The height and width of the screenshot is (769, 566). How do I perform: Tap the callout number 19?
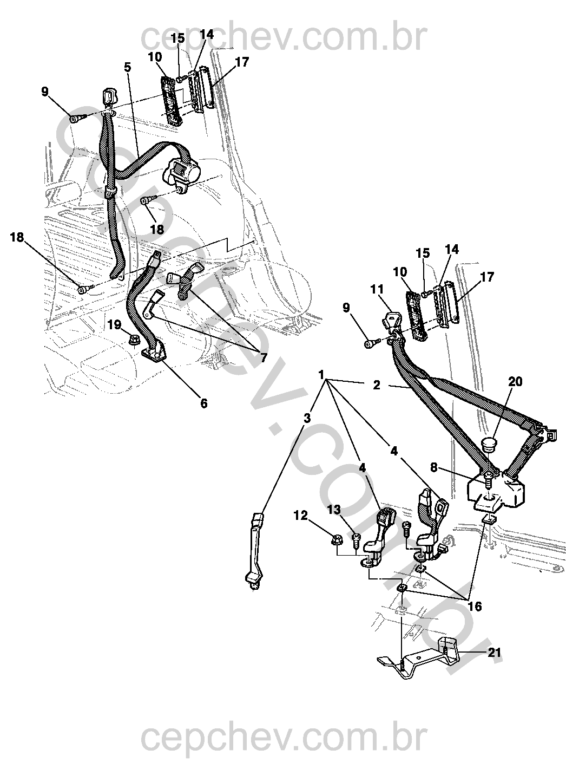pyautogui.click(x=114, y=325)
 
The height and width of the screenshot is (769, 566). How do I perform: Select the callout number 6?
pyautogui.click(x=203, y=403)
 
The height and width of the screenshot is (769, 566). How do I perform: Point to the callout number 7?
pyautogui.click(x=264, y=358)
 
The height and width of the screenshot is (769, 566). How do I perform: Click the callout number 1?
pyautogui.click(x=321, y=375)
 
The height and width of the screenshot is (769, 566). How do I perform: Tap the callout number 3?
pyautogui.click(x=307, y=418)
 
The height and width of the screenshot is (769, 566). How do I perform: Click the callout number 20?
pyautogui.click(x=515, y=381)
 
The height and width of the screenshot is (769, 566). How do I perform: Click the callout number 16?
pyautogui.click(x=475, y=606)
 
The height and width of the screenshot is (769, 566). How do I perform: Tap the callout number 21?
pyautogui.click(x=493, y=653)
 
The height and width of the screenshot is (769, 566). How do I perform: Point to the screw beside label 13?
pyautogui.click(x=357, y=538)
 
